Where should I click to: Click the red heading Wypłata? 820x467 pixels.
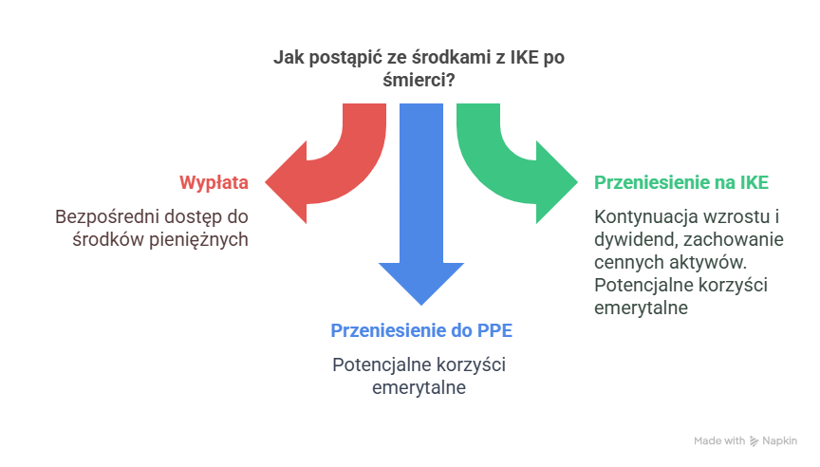pos(214,181)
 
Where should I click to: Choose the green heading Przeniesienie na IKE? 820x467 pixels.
pos(681,181)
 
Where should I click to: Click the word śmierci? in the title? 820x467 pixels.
pos(419,81)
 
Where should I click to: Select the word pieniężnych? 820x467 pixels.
pos(201,239)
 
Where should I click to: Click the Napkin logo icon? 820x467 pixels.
pos(755,440)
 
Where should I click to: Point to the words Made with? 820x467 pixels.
pos(719,440)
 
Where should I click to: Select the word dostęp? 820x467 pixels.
pos(195,216)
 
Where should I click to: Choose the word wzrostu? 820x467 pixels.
pos(734,216)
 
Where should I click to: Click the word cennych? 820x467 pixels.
pos(624,262)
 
